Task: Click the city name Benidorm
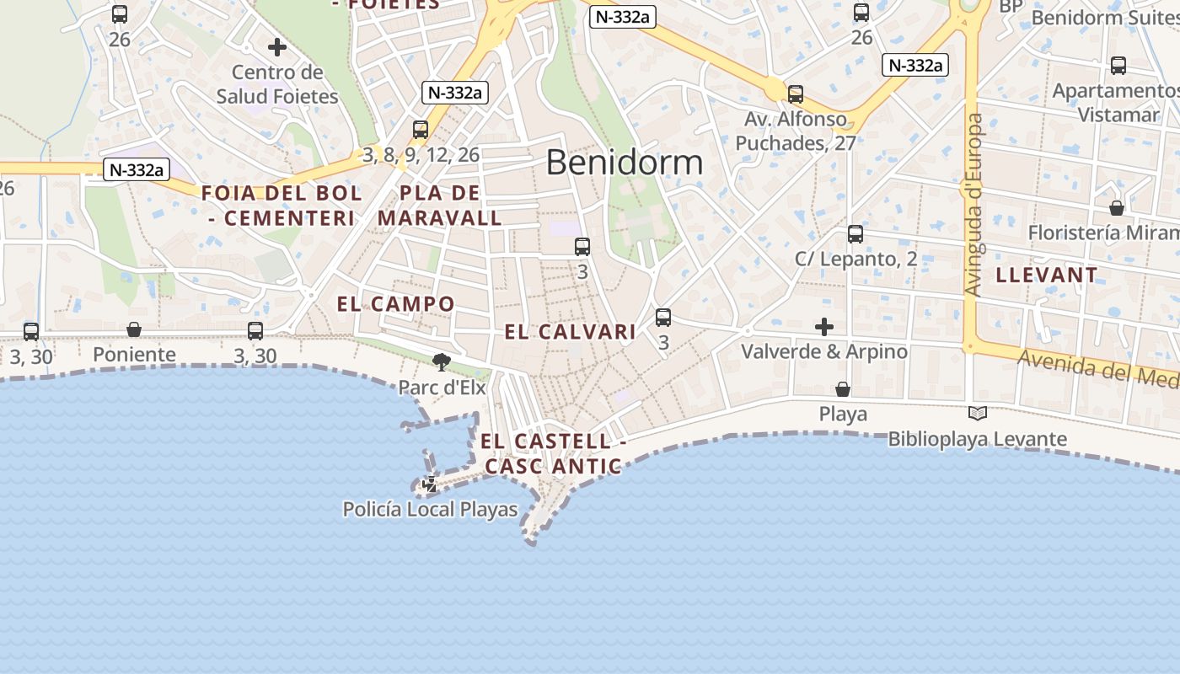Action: [624, 163]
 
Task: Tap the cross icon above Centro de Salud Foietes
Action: [276, 47]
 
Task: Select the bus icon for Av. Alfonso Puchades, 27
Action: [795, 94]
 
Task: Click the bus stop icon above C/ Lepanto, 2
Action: [855, 234]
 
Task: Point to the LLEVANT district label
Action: [1047, 275]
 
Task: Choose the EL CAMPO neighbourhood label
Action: [395, 304]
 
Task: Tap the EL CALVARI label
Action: [570, 332]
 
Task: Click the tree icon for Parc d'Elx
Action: [440, 362]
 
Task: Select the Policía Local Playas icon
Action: [430, 484]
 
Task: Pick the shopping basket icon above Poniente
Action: [134, 329]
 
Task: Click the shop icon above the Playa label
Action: [842, 388]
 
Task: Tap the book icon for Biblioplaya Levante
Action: [977, 413]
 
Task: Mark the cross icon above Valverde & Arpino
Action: [823, 326]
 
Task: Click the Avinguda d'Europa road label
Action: [974, 205]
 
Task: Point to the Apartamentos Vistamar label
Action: [1116, 102]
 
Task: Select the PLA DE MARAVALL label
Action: [440, 205]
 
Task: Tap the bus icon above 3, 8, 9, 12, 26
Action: [420, 130]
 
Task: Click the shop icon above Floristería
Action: [1116, 207]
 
